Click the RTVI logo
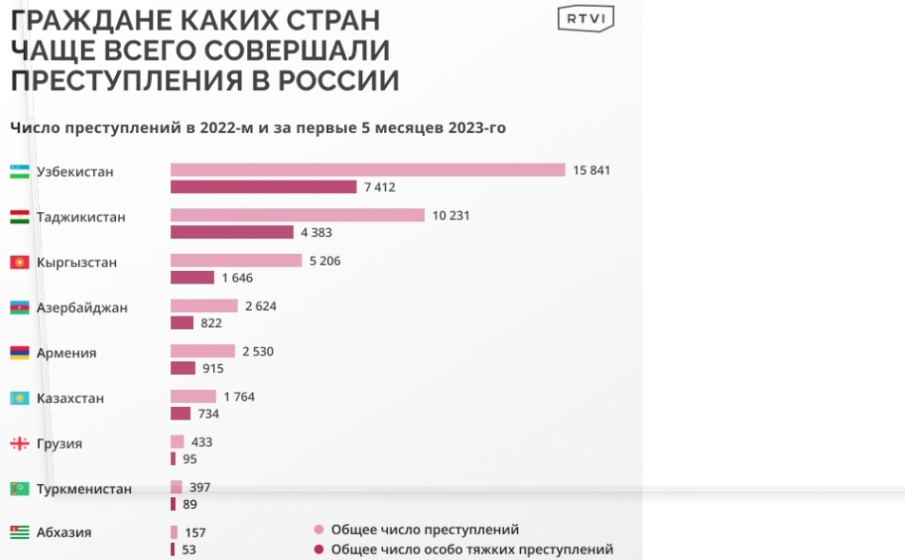pyautogui.click(x=586, y=18)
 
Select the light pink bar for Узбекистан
pyautogui.click(x=368, y=170)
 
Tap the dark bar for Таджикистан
pyautogui.click(x=232, y=232)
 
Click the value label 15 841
pyautogui.click(x=591, y=170)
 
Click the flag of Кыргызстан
pyautogui.click(x=19, y=262)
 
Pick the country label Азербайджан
pyautogui.click(x=82, y=308)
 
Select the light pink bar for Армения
pyautogui.click(x=202, y=352)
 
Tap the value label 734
pyautogui.click(x=209, y=414)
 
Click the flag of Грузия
pyautogui.click(x=19, y=444)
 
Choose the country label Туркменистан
pyautogui.click(x=84, y=489)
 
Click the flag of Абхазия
pyautogui.click(x=19, y=532)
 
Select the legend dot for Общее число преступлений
pyautogui.click(x=319, y=530)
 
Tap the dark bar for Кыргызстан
pyautogui.click(x=192, y=278)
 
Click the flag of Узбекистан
pyautogui.click(x=19, y=172)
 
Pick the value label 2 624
pyautogui.click(x=260, y=306)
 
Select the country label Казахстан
pyautogui.click(x=70, y=398)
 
